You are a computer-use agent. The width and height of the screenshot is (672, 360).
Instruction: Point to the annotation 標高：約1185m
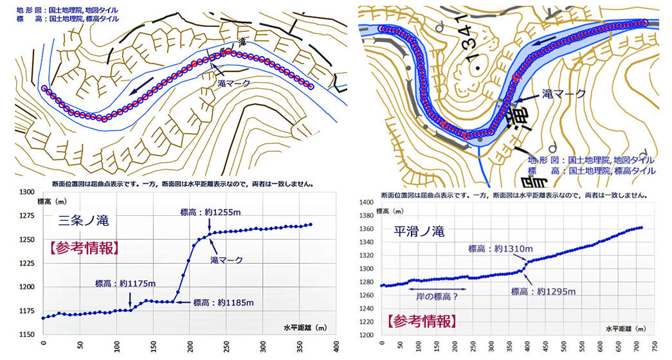(224, 302)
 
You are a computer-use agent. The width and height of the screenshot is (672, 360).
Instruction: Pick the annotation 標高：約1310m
(500, 248)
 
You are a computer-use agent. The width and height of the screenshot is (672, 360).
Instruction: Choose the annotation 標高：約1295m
(543, 291)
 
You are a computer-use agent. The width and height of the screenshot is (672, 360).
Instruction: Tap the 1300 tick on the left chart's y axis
(26, 192)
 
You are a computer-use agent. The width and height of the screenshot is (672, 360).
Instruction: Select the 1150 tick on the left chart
(26, 334)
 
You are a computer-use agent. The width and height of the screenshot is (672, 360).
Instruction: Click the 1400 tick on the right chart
(367, 203)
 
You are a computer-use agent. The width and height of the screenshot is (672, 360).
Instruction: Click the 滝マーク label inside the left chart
(226, 260)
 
